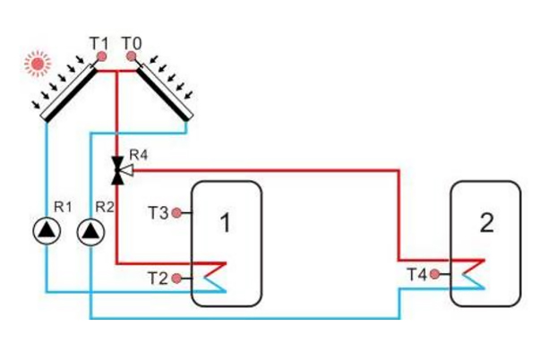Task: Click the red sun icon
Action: (37, 63)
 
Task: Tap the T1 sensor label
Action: (99, 42)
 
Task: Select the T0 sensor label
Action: (132, 42)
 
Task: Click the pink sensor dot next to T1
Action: (102, 56)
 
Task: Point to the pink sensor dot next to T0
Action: (131, 56)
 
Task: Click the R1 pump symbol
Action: (44, 232)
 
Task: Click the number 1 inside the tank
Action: (225, 224)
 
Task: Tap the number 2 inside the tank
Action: (486, 223)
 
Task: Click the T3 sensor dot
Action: (177, 213)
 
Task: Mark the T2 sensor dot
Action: (177, 279)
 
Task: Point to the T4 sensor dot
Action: (434, 274)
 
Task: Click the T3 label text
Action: (159, 213)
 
